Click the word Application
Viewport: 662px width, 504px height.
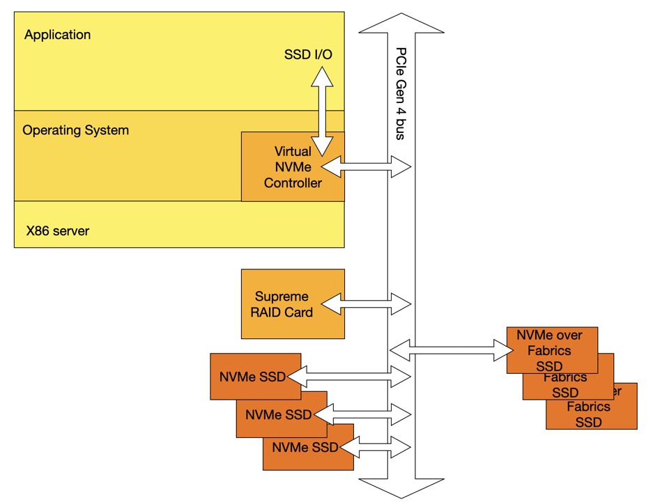57,35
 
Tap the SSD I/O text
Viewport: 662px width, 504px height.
308,54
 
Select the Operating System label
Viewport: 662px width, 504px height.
75,130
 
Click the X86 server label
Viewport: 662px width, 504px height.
58,230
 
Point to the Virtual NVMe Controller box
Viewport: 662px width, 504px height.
293,166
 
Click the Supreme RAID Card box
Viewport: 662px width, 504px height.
293,304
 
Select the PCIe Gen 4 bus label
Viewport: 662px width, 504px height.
401,94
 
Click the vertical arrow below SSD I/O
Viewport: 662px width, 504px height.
322,111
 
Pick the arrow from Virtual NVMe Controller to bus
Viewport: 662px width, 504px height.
366,166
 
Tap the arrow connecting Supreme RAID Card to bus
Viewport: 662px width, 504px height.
366,304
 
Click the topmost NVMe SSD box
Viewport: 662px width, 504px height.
256,376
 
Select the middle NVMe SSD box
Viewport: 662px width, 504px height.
282,415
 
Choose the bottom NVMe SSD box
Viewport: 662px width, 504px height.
308,447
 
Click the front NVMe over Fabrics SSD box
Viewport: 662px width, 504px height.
552,350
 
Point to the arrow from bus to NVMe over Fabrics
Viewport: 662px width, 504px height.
452,350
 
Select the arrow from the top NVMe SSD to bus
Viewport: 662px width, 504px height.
348,377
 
